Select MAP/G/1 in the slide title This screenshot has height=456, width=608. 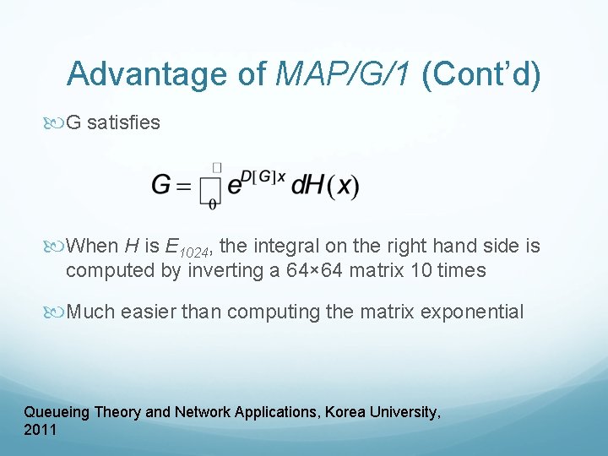click(345, 73)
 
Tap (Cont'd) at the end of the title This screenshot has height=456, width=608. click(480, 73)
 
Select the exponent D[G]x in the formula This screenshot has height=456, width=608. click(263, 176)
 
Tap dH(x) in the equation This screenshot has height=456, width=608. click(325, 186)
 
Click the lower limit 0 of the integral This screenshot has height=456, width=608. click(212, 204)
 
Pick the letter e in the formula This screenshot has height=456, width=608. click(234, 187)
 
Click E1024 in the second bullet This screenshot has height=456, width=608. click(191, 247)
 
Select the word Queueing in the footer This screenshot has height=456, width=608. click(57, 412)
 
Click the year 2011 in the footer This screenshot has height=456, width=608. click(41, 430)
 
